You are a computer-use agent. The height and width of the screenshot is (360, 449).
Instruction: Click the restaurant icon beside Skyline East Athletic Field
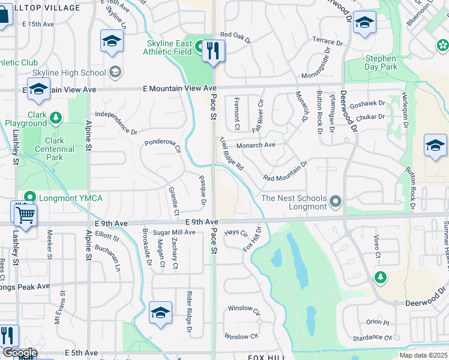point(212,51)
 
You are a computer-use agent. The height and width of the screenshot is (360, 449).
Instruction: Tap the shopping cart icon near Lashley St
point(25,215)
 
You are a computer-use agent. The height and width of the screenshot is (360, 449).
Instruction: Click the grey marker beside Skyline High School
point(115,73)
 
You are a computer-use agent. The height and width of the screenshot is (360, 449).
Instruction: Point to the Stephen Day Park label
point(381,63)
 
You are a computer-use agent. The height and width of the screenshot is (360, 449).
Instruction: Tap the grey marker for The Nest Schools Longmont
point(335,202)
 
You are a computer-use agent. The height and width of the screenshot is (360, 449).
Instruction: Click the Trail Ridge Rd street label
point(231,154)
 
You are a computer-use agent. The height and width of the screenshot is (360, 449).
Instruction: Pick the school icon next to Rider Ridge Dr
point(160,313)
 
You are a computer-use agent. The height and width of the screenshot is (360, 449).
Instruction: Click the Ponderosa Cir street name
point(163,145)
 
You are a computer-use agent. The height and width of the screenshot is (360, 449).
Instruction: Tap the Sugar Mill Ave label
point(170,232)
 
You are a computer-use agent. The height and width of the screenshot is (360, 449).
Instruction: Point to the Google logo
point(19,353)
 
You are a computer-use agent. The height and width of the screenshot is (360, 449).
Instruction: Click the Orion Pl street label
point(378,322)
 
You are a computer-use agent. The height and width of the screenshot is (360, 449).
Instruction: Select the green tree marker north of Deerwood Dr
point(379,277)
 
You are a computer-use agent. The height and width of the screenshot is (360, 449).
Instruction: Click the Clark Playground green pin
point(55,116)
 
